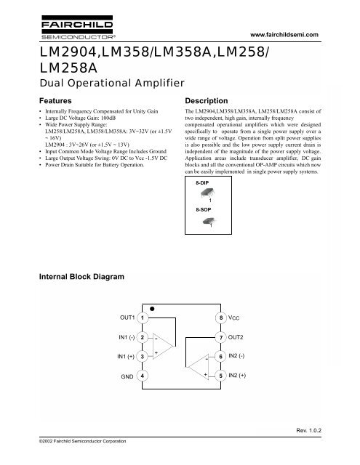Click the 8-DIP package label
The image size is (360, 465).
tap(205, 185)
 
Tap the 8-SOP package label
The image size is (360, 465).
tap(205, 209)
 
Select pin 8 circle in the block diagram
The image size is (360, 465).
tap(221, 318)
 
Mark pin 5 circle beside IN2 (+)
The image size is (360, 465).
tap(221, 376)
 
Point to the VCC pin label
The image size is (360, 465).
tap(235, 318)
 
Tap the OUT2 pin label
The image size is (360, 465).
tap(238, 338)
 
